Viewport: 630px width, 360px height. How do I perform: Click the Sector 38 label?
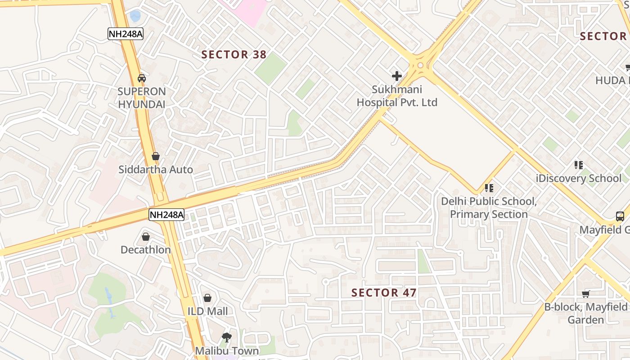[234, 55]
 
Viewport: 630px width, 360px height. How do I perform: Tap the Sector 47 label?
[383, 293]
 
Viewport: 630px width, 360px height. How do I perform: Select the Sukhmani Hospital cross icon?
[396, 76]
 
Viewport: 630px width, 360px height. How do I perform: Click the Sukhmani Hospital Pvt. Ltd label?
[397, 96]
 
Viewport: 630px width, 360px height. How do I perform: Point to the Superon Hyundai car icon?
[142, 78]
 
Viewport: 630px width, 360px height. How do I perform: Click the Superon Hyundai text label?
[142, 98]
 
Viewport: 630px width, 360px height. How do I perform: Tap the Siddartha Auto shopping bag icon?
[156, 156]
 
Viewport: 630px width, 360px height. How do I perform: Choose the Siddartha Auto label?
[156, 170]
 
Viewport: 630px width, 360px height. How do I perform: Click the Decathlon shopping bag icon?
[146, 236]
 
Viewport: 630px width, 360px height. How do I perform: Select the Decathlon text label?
[146, 250]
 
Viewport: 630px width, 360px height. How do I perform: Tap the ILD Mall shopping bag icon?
[207, 297]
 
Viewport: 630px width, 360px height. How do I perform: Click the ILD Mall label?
[207, 311]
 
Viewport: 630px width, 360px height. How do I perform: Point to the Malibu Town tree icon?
[227, 337]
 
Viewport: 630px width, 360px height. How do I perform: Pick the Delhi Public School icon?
[489, 188]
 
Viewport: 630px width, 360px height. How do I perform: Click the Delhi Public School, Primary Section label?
[489, 207]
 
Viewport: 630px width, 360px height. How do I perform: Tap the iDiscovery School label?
[579, 178]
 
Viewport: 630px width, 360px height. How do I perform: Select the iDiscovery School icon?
[579, 165]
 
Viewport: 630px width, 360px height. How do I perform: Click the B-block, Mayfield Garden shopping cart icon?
[585, 294]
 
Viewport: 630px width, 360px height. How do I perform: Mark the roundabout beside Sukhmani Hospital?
[420, 66]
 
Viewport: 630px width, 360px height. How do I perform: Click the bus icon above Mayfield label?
[620, 216]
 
